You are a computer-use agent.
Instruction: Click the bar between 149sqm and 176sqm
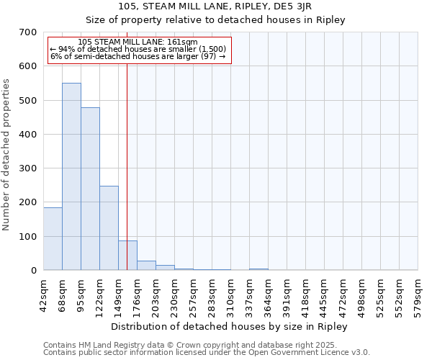point(127,255)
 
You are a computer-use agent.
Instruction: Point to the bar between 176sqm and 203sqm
point(146,265)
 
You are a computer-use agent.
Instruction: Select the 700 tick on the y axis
point(27,32)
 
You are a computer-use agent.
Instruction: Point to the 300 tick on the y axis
point(27,168)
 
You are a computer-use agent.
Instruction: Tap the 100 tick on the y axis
point(27,236)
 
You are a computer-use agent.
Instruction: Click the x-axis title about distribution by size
point(230,326)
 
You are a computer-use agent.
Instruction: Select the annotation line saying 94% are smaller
point(138,49)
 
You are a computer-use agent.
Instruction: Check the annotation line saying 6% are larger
point(138,56)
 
